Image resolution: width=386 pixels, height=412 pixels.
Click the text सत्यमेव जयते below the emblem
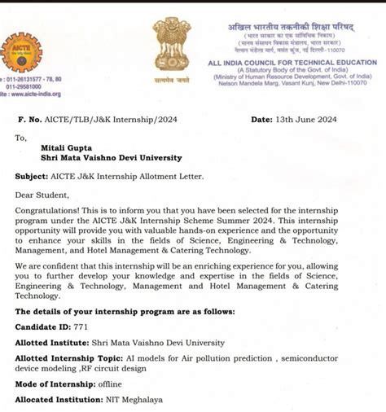tap(171, 80)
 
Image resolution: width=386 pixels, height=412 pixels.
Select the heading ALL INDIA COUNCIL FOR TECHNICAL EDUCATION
tap(292, 63)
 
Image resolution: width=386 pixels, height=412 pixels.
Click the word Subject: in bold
tap(37, 176)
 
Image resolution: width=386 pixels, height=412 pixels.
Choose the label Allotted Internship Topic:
tap(69, 359)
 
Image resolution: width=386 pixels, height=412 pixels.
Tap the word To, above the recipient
tap(20, 138)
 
